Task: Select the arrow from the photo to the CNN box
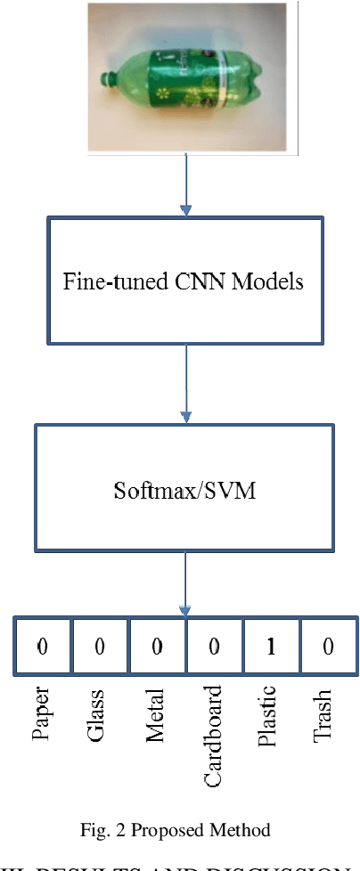pyautogui.click(x=185, y=183)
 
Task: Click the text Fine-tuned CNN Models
pyautogui.click(x=184, y=282)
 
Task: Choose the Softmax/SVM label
pyautogui.click(x=185, y=489)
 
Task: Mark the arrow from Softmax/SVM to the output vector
pyautogui.click(x=185, y=582)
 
